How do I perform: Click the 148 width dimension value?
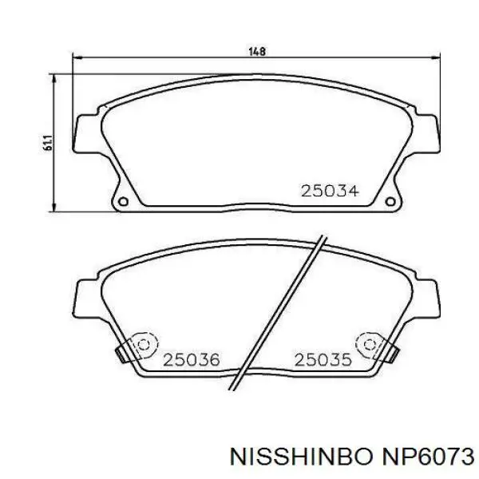pyautogui.click(x=257, y=51)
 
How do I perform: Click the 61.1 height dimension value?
pyautogui.click(x=48, y=142)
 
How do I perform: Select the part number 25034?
pyautogui.click(x=330, y=192)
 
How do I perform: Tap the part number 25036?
pyautogui.click(x=192, y=360)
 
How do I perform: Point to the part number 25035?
pyautogui.click(x=323, y=360)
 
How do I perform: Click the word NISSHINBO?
pyautogui.click(x=302, y=457)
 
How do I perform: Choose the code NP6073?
pyautogui.click(x=426, y=457)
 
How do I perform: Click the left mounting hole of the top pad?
pyautogui.click(x=124, y=202)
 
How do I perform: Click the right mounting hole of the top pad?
pyautogui.click(x=390, y=202)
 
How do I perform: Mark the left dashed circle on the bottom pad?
pyautogui.click(x=144, y=345)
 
